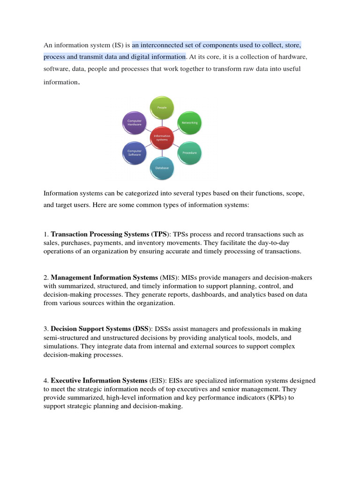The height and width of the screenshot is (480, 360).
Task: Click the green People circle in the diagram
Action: pos(162,108)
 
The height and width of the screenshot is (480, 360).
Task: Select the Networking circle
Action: pos(190,122)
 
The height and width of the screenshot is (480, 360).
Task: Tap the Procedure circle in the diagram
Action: pos(190,153)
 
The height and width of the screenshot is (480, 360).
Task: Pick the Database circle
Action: pos(162,167)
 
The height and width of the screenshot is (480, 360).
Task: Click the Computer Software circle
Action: pos(134,153)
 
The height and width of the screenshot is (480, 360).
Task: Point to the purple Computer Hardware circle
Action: pos(134,123)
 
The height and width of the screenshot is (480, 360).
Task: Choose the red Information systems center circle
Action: pos(162,137)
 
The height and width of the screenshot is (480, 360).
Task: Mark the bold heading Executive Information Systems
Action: pos(99,381)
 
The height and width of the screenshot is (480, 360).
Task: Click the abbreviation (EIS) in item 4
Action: pos(159,381)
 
